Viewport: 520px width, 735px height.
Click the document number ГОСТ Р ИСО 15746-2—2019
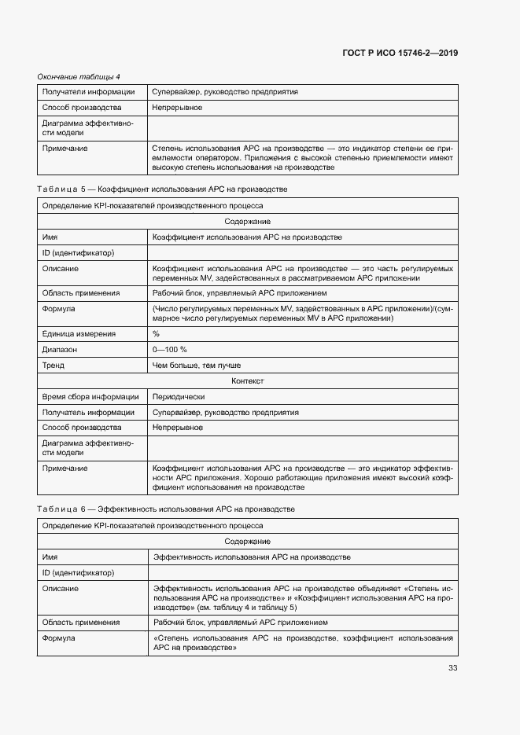tap(400, 53)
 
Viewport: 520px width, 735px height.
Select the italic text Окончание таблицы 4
tap(79, 76)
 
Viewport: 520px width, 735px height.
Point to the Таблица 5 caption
tap(163, 189)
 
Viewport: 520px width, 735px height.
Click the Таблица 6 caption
tap(166, 509)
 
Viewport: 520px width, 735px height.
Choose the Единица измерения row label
tap(79, 334)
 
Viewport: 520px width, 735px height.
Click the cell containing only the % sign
tap(156, 334)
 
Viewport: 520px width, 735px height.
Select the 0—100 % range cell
tap(170, 349)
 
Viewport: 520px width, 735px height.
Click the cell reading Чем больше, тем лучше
tap(197, 365)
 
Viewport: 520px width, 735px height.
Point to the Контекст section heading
tap(248, 380)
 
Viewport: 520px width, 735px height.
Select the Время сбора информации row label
tap(90, 397)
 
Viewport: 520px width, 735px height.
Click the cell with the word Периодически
tap(179, 397)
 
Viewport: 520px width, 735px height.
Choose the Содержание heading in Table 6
tap(248, 542)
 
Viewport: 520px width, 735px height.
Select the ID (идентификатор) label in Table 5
tap(78, 252)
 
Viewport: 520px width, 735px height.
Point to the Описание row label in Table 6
tap(60, 588)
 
